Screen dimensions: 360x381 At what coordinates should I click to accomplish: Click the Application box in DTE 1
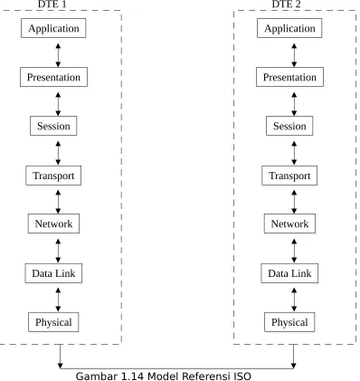point(53,28)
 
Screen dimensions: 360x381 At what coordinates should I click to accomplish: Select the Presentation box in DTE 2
point(289,77)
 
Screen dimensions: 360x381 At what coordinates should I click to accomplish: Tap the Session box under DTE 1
point(53,126)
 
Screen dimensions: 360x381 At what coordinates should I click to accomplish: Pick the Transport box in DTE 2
point(289,176)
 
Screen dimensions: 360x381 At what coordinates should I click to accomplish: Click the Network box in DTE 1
point(53,224)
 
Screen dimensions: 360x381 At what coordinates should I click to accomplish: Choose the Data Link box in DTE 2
point(289,273)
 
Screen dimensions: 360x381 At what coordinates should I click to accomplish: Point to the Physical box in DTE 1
point(53,322)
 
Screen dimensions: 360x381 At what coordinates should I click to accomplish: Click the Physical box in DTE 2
point(289,322)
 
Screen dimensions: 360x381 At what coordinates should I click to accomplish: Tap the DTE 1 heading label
point(52,5)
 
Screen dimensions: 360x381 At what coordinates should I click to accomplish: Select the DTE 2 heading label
point(286,5)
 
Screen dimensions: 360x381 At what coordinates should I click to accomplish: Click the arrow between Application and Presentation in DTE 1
point(58,55)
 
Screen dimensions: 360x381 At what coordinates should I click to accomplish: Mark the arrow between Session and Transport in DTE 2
point(294,153)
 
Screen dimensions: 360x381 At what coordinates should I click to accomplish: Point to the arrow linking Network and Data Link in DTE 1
point(58,251)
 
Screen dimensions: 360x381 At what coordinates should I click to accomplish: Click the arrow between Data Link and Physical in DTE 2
point(294,300)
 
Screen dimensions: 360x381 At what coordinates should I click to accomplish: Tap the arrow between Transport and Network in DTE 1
point(58,202)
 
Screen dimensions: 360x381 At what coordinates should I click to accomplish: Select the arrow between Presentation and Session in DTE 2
point(294,104)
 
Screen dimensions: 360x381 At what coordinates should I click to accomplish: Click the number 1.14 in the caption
point(134,376)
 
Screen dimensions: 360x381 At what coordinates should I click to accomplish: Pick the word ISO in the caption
point(242,376)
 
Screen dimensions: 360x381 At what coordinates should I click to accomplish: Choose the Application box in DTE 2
point(289,28)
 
